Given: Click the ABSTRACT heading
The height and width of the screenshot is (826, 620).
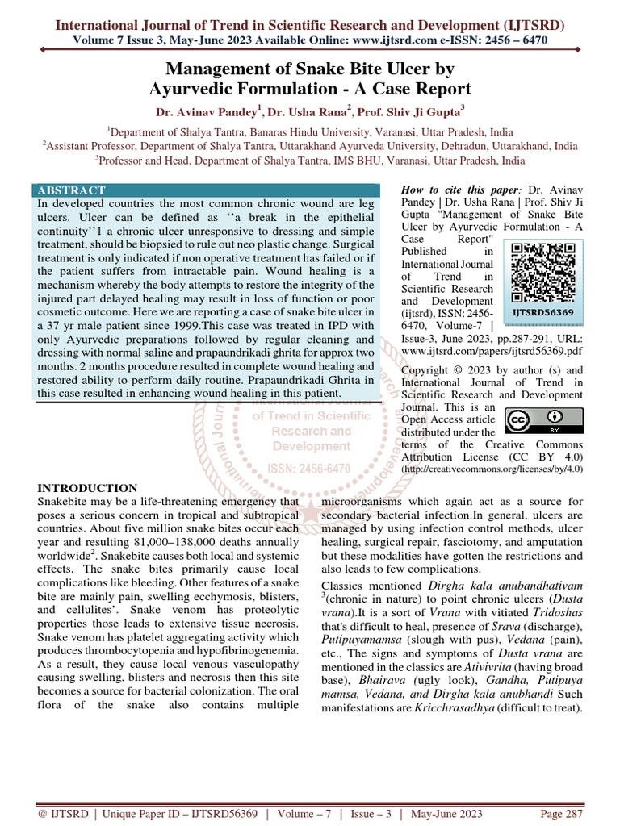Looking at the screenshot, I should coord(72,190).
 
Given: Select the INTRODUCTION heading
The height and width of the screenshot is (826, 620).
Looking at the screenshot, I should coord(88,488).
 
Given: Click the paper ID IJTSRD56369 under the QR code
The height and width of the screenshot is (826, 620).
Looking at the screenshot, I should coord(542,311).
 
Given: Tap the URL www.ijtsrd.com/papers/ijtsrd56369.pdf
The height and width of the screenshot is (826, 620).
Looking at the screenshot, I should coord(492,353).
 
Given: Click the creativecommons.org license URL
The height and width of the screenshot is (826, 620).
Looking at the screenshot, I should coord(492,468).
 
